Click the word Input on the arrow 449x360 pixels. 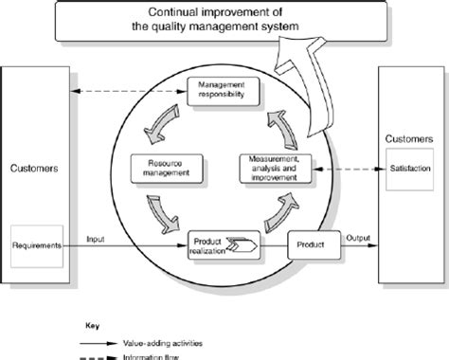(x=97, y=239)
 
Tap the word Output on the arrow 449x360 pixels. (x=357, y=238)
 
